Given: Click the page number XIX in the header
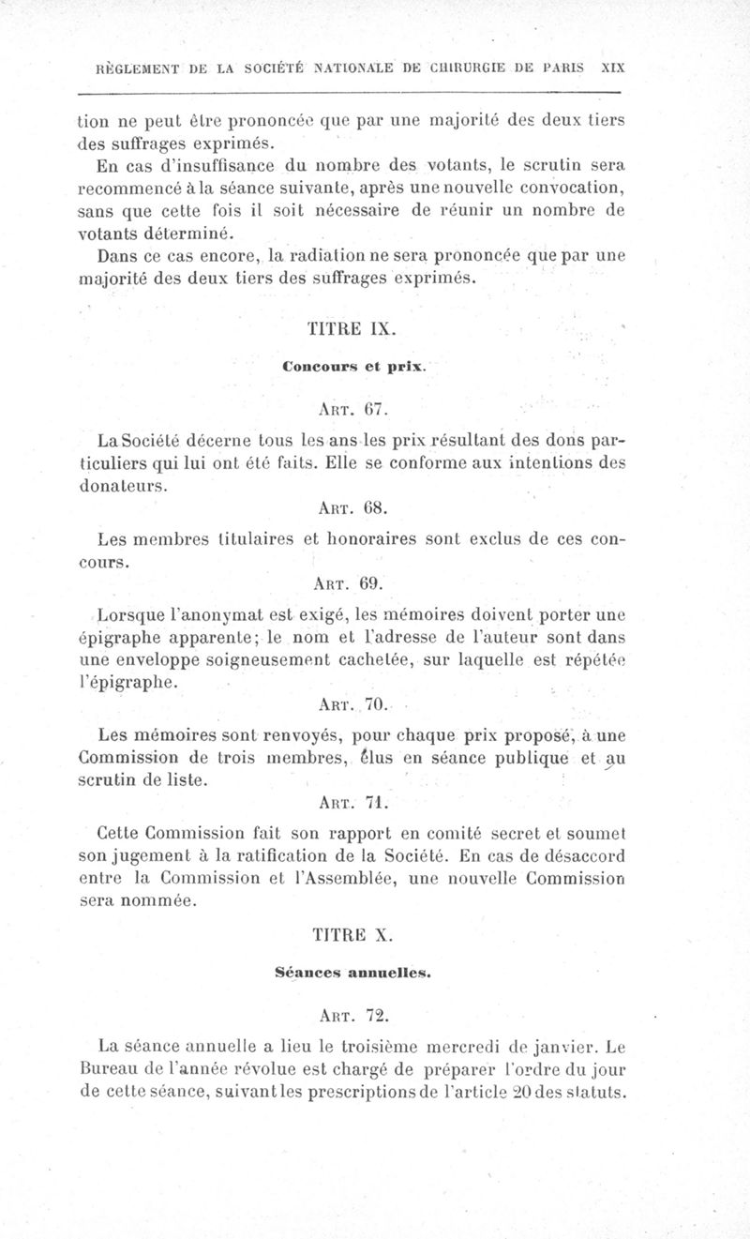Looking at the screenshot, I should coord(612,68).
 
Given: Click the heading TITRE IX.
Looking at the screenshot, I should coord(344,329).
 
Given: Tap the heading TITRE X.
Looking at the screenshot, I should coord(344,935).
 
